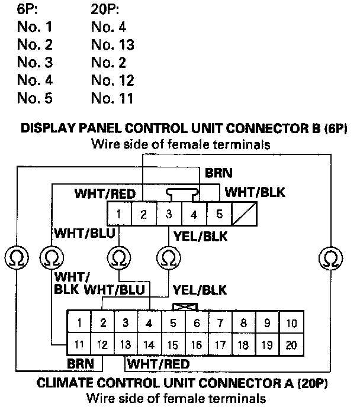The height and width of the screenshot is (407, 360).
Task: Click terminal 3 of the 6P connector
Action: click(x=169, y=214)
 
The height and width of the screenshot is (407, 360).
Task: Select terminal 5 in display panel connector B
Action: click(x=219, y=214)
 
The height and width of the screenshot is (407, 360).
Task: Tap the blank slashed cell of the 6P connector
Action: click(x=245, y=214)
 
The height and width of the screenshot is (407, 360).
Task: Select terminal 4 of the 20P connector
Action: click(x=149, y=323)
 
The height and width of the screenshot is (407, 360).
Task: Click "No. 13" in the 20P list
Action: click(x=113, y=45)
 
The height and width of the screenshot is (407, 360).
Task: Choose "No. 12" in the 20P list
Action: click(x=113, y=80)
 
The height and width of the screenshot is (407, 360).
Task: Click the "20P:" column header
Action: click(x=106, y=9)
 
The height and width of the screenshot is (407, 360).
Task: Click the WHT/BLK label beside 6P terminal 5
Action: click(x=256, y=193)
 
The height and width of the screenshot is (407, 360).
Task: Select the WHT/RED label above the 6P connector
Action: click(x=105, y=193)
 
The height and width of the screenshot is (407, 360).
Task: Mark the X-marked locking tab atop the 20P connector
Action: click(x=184, y=307)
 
